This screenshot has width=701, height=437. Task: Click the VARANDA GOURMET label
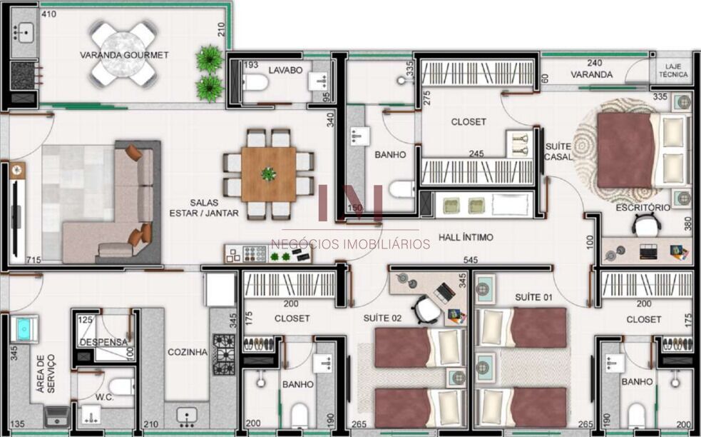pyautogui.click(x=124, y=55)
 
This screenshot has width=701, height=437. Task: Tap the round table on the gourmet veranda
pyautogui.click(x=123, y=54)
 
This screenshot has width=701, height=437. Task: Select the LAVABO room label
pyautogui.click(x=286, y=70)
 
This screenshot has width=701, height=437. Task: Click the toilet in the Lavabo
pyautogui.click(x=255, y=82)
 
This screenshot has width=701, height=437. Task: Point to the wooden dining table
pyautogui.click(x=268, y=174)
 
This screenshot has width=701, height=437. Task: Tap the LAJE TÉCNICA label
pyautogui.click(x=673, y=71)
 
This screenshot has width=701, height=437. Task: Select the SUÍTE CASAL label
pyautogui.click(x=558, y=152)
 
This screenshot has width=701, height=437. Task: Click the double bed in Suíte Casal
pyautogui.click(x=642, y=150)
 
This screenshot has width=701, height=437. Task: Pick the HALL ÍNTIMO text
pyautogui.click(x=466, y=237)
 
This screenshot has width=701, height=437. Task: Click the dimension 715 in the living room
pyautogui.click(x=34, y=260)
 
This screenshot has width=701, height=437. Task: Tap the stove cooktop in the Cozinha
pyautogui.click(x=223, y=354)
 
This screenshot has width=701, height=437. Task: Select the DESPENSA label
pyautogui.click(x=103, y=342)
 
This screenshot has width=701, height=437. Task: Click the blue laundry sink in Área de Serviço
pyautogui.click(x=24, y=329)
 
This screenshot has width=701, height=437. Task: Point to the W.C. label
pyautogui.click(x=104, y=397)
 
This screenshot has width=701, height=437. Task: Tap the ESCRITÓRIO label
pyautogui.click(x=643, y=207)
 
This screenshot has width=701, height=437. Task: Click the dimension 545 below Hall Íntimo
pyautogui.click(x=471, y=260)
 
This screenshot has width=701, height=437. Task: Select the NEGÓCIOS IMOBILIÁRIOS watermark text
pyautogui.click(x=351, y=244)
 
